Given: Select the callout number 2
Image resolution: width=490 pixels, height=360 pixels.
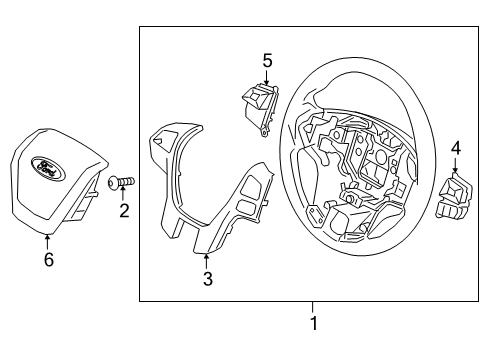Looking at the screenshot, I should [x=124, y=211].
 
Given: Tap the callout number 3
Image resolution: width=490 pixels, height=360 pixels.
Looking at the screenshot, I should [x=207, y=280].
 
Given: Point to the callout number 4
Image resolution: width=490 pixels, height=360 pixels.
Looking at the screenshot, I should [x=455, y=149].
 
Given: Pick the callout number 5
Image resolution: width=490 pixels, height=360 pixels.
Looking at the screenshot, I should [x=267, y=61].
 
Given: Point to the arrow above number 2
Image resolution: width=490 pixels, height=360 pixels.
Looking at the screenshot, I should [x=124, y=194].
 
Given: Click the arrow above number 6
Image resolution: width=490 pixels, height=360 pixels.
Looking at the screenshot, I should [x=48, y=240].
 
